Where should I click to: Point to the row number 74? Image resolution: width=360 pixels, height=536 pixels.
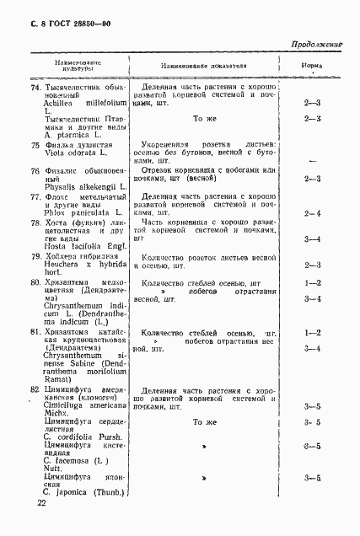coord(35,88)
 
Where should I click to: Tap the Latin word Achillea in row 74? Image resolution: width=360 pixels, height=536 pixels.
coord(62,105)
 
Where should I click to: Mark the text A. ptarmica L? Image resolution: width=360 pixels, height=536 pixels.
coord(77,138)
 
